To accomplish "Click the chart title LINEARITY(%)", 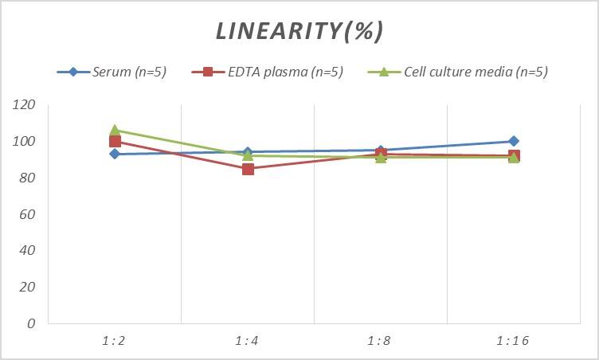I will pos(299,31).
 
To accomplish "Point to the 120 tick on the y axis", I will pos(24,105).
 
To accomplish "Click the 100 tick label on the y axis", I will pos(24,142).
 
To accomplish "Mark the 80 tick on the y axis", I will pos(27,178).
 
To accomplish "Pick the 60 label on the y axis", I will pos(27,214).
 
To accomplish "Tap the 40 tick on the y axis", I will pos(27,251).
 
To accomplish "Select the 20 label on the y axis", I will pos(27,288).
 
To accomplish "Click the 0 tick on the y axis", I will pos(31,323).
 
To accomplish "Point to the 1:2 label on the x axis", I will pos(115,341).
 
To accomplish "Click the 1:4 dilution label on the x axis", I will pos(248,341).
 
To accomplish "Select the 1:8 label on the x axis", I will pos(381,341).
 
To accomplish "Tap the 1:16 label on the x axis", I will pos(514,341).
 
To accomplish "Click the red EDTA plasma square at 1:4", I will pos(248,169).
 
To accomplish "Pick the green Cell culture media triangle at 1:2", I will pos(115,130).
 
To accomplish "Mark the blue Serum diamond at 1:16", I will pos(514,141).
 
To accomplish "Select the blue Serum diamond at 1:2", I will pos(115,154).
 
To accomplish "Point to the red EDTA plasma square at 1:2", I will pos(115,142).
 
